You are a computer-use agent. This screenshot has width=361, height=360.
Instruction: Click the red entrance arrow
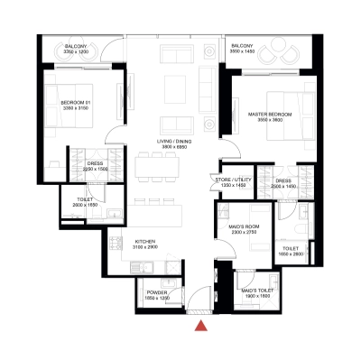204,326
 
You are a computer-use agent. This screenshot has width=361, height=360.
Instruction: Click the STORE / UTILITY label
234,179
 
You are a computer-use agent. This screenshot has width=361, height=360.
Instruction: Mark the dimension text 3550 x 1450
243,53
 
